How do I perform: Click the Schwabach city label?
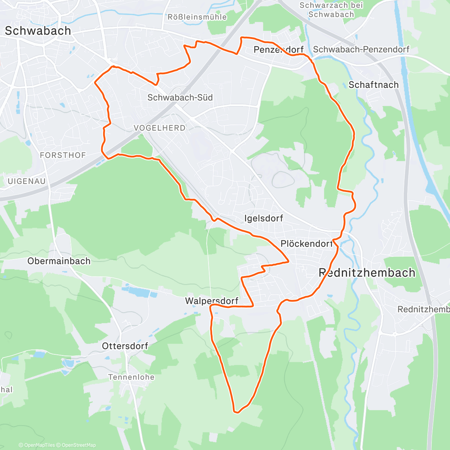[x=38, y=31]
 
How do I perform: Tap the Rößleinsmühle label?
[x=197, y=17]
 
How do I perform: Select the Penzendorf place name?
[x=278, y=49]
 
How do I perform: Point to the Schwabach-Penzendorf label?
[x=361, y=49]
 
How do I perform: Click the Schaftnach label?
[x=373, y=85]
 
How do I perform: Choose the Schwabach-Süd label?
[x=180, y=97]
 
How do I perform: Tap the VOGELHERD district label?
[x=159, y=128]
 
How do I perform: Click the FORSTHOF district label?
[x=63, y=155]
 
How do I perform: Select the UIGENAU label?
[x=27, y=181]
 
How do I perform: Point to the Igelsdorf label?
[x=264, y=218]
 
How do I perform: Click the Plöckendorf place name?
[x=306, y=244]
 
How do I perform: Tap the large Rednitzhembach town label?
[x=367, y=273]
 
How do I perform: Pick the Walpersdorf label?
[x=211, y=301]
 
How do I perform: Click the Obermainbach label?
[x=59, y=261]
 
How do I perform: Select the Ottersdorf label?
[x=125, y=346]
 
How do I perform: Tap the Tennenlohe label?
[x=131, y=377]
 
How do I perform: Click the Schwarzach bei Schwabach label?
[x=331, y=10]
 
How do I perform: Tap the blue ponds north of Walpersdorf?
[x=139, y=291]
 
